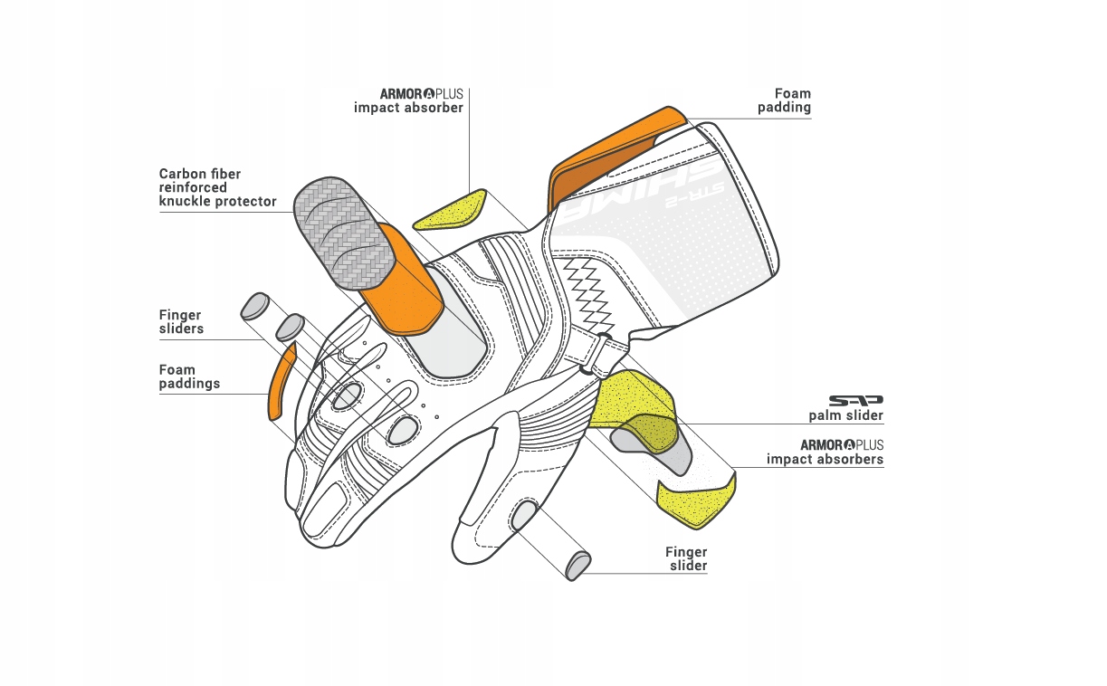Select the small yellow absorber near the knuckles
coord(451,210)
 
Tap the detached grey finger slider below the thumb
coord(579,565)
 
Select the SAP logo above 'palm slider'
coord(855,400)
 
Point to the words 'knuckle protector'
coord(217,201)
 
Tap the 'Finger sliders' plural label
coord(181,322)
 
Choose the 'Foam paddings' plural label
coord(189,376)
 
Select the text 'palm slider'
coord(845,416)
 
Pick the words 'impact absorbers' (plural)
coord(825,460)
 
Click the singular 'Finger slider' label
coord(687,559)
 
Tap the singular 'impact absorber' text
coord(408,108)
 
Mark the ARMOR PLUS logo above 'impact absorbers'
coord(841,445)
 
